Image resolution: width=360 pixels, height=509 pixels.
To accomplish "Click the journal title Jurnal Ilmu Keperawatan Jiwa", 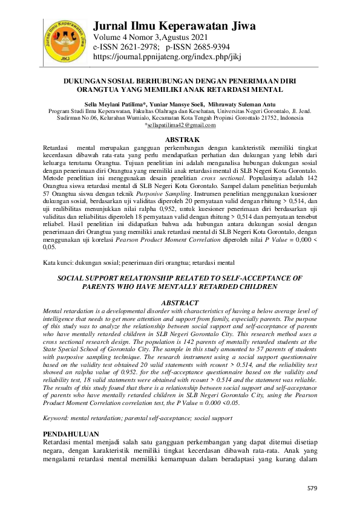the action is pos(174,25).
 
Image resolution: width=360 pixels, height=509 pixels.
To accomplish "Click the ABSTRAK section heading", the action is pos(182,140).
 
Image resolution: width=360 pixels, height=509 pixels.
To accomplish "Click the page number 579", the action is pos(312,487).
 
